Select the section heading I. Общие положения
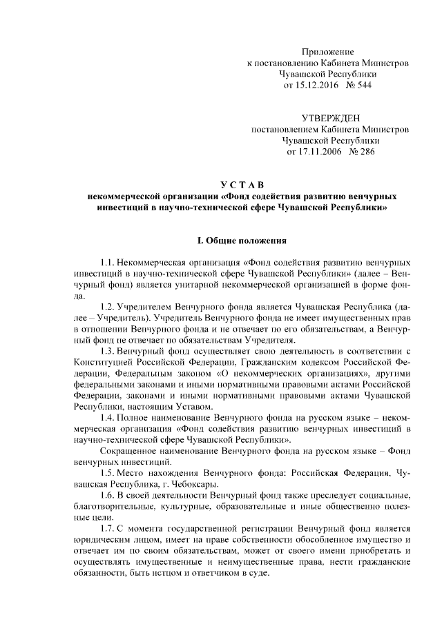coord(238,241)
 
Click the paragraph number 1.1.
coord(108,263)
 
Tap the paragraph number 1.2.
coord(108,306)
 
